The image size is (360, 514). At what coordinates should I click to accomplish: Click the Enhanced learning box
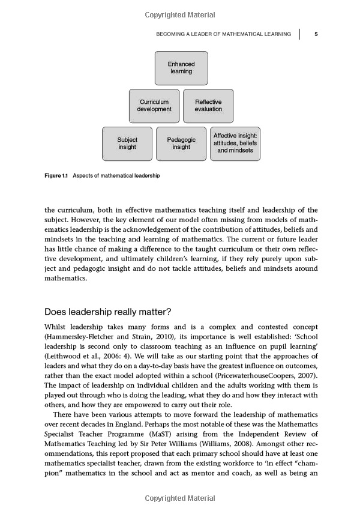pos(181,68)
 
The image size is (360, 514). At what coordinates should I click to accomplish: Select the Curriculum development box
pos(154,106)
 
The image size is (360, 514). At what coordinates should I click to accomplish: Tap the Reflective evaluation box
pos(208,106)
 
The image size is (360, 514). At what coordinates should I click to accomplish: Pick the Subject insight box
pos(127,144)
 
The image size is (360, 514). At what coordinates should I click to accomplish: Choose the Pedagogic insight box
pos(181,144)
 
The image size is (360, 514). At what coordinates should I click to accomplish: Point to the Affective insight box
pos(235,144)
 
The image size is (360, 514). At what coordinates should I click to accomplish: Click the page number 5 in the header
pos(316,34)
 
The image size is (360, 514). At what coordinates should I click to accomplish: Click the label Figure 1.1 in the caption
pos(57,176)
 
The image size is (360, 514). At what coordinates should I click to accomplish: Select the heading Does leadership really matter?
pos(108,312)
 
